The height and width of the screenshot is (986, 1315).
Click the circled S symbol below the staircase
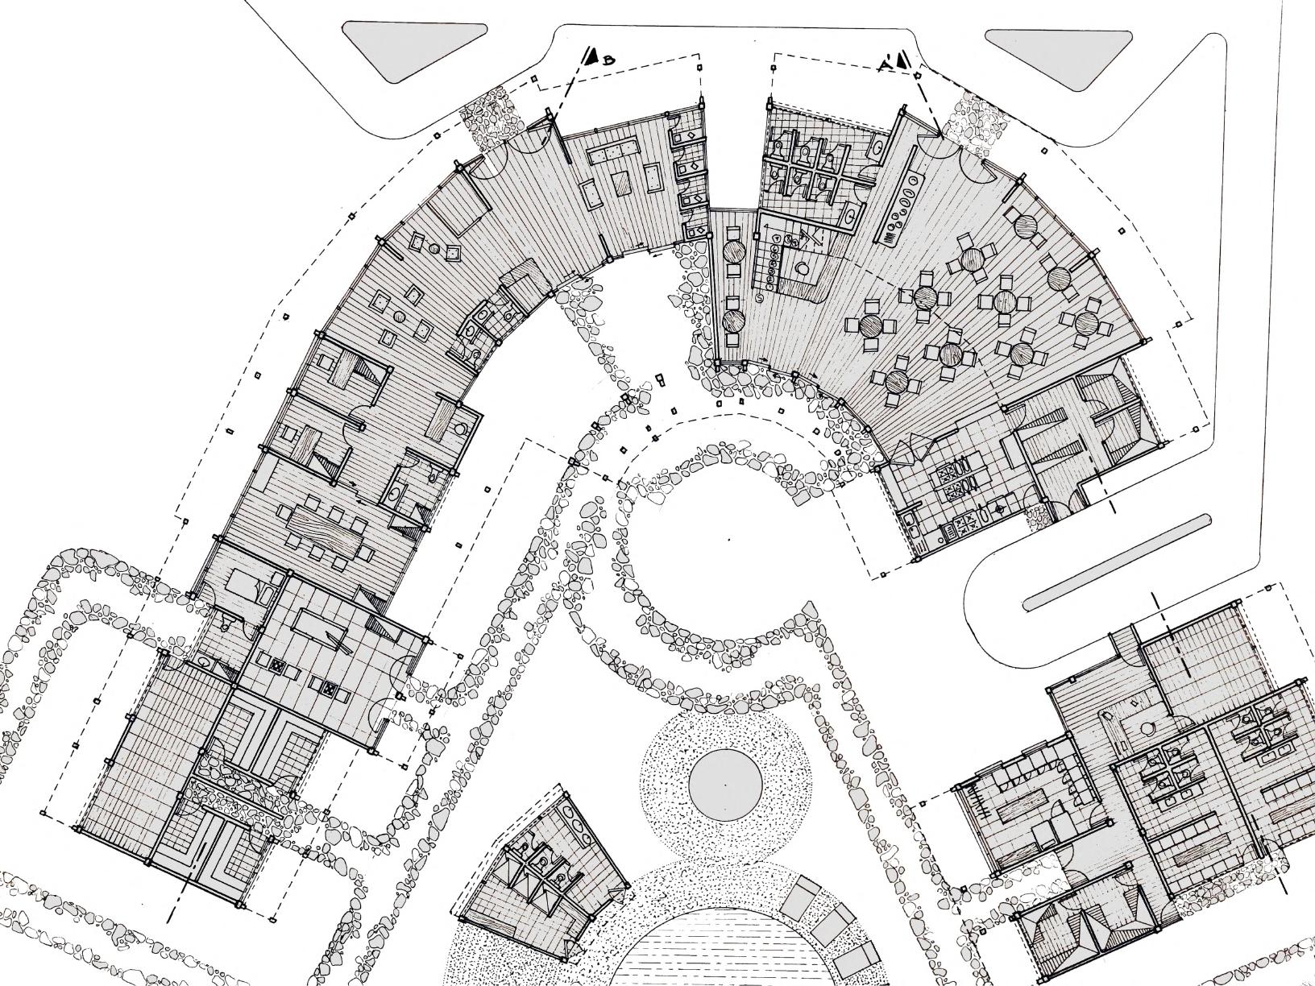[x=761, y=297]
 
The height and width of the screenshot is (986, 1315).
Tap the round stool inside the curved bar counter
[x=803, y=267]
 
